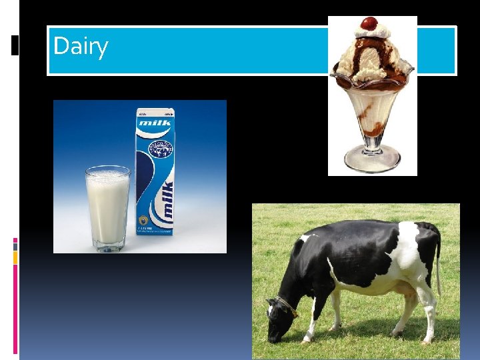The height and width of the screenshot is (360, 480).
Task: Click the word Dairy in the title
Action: [x=81, y=46]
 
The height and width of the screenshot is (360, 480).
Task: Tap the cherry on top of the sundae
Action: [x=369, y=23]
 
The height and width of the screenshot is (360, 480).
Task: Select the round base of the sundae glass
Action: [x=372, y=161]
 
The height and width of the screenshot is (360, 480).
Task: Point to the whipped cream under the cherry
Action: [x=372, y=33]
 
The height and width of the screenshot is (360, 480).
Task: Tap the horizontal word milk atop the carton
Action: [x=155, y=123]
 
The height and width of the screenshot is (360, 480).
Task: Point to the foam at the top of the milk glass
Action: [x=107, y=175]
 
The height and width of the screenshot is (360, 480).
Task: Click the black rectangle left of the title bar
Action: [x=16, y=45]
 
